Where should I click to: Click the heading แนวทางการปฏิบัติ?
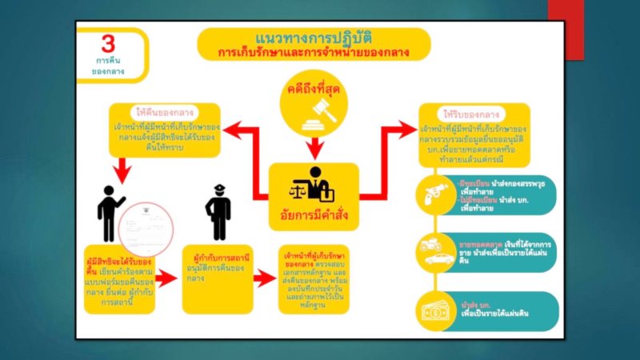(x=314, y=38)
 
